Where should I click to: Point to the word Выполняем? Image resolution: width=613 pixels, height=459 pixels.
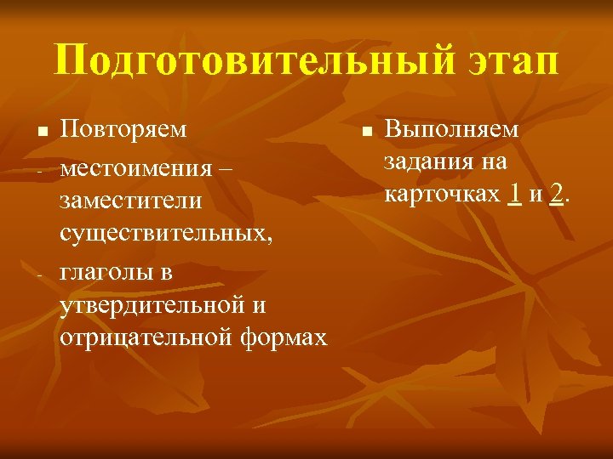pos(450,129)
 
